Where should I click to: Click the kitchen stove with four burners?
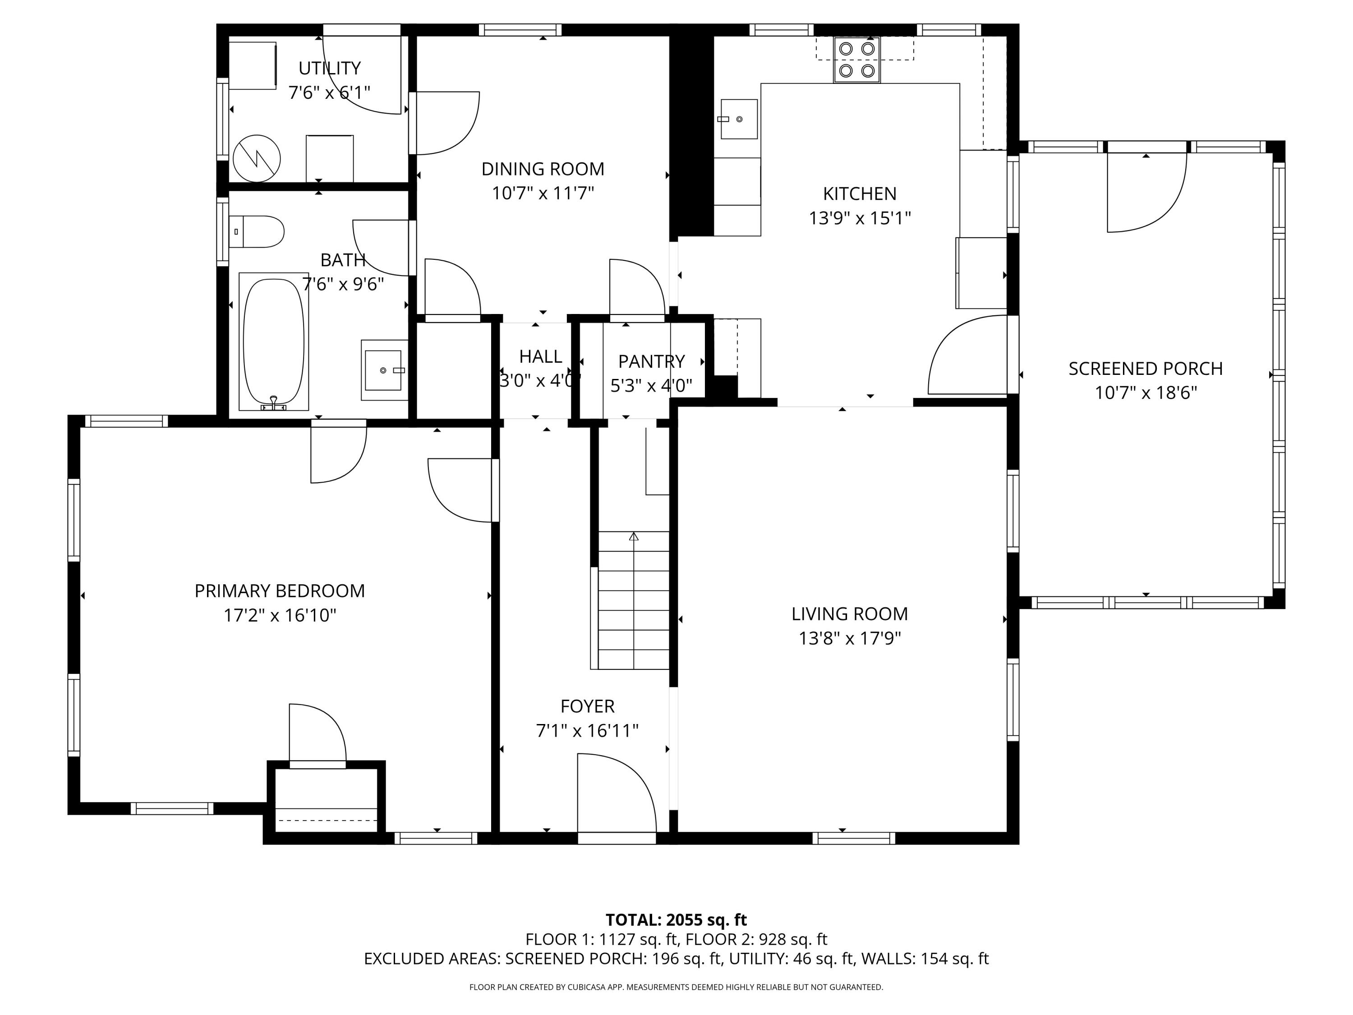[857, 60]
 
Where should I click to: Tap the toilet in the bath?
[257, 231]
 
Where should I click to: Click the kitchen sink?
[739, 119]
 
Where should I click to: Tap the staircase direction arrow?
[634, 536]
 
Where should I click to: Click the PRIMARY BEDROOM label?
[280, 591]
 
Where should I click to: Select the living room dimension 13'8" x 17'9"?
[850, 639]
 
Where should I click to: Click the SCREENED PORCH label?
[1146, 368]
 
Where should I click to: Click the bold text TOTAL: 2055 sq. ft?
[676, 919]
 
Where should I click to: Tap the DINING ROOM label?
[543, 169]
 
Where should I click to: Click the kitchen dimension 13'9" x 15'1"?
[860, 218]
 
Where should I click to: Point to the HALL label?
[540, 356]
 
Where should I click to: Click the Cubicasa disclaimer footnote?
[676, 987]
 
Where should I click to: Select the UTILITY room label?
[329, 68]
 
